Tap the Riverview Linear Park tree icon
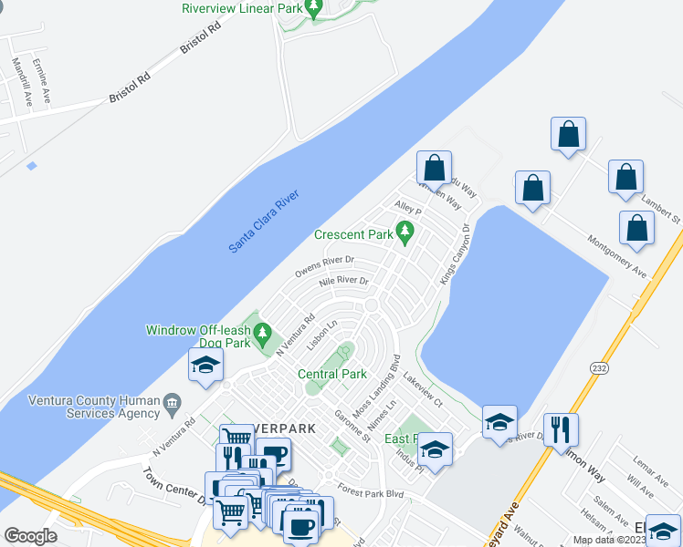314,10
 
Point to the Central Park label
332,374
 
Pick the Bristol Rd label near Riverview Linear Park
202,37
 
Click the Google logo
30,536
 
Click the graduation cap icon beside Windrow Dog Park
205,366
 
